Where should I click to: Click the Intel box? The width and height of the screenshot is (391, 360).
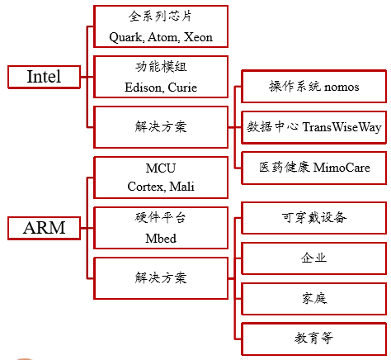[x=44, y=77]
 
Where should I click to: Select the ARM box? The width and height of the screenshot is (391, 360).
[x=44, y=228]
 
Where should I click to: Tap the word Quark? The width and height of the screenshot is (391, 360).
[x=126, y=37]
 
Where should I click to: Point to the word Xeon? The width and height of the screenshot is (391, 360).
[x=198, y=37]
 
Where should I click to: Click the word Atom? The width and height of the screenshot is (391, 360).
[x=163, y=37]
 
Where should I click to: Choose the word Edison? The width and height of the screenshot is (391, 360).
[x=144, y=88]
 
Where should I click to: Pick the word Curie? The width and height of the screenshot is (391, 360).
[x=182, y=88]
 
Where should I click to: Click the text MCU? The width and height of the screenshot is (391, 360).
[x=161, y=168]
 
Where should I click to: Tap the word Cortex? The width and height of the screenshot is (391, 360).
[x=146, y=187]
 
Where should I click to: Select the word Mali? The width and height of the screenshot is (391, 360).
[x=181, y=187]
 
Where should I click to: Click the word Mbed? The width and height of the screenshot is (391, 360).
[x=161, y=239]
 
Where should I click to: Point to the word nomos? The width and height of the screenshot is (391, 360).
[x=342, y=88]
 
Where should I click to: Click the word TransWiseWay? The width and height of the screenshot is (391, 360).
[x=342, y=127]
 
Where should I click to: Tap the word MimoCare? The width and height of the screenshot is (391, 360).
[x=342, y=168]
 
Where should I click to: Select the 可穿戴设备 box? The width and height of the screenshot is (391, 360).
[x=313, y=218]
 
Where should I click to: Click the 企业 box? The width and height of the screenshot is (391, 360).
[x=313, y=258]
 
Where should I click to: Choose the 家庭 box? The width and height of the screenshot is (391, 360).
[x=313, y=299]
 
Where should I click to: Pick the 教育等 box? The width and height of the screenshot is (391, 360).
[x=313, y=339]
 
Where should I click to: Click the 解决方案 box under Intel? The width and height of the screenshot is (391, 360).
[x=161, y=127]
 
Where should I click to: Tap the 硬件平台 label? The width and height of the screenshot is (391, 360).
[x=161, y=218]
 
